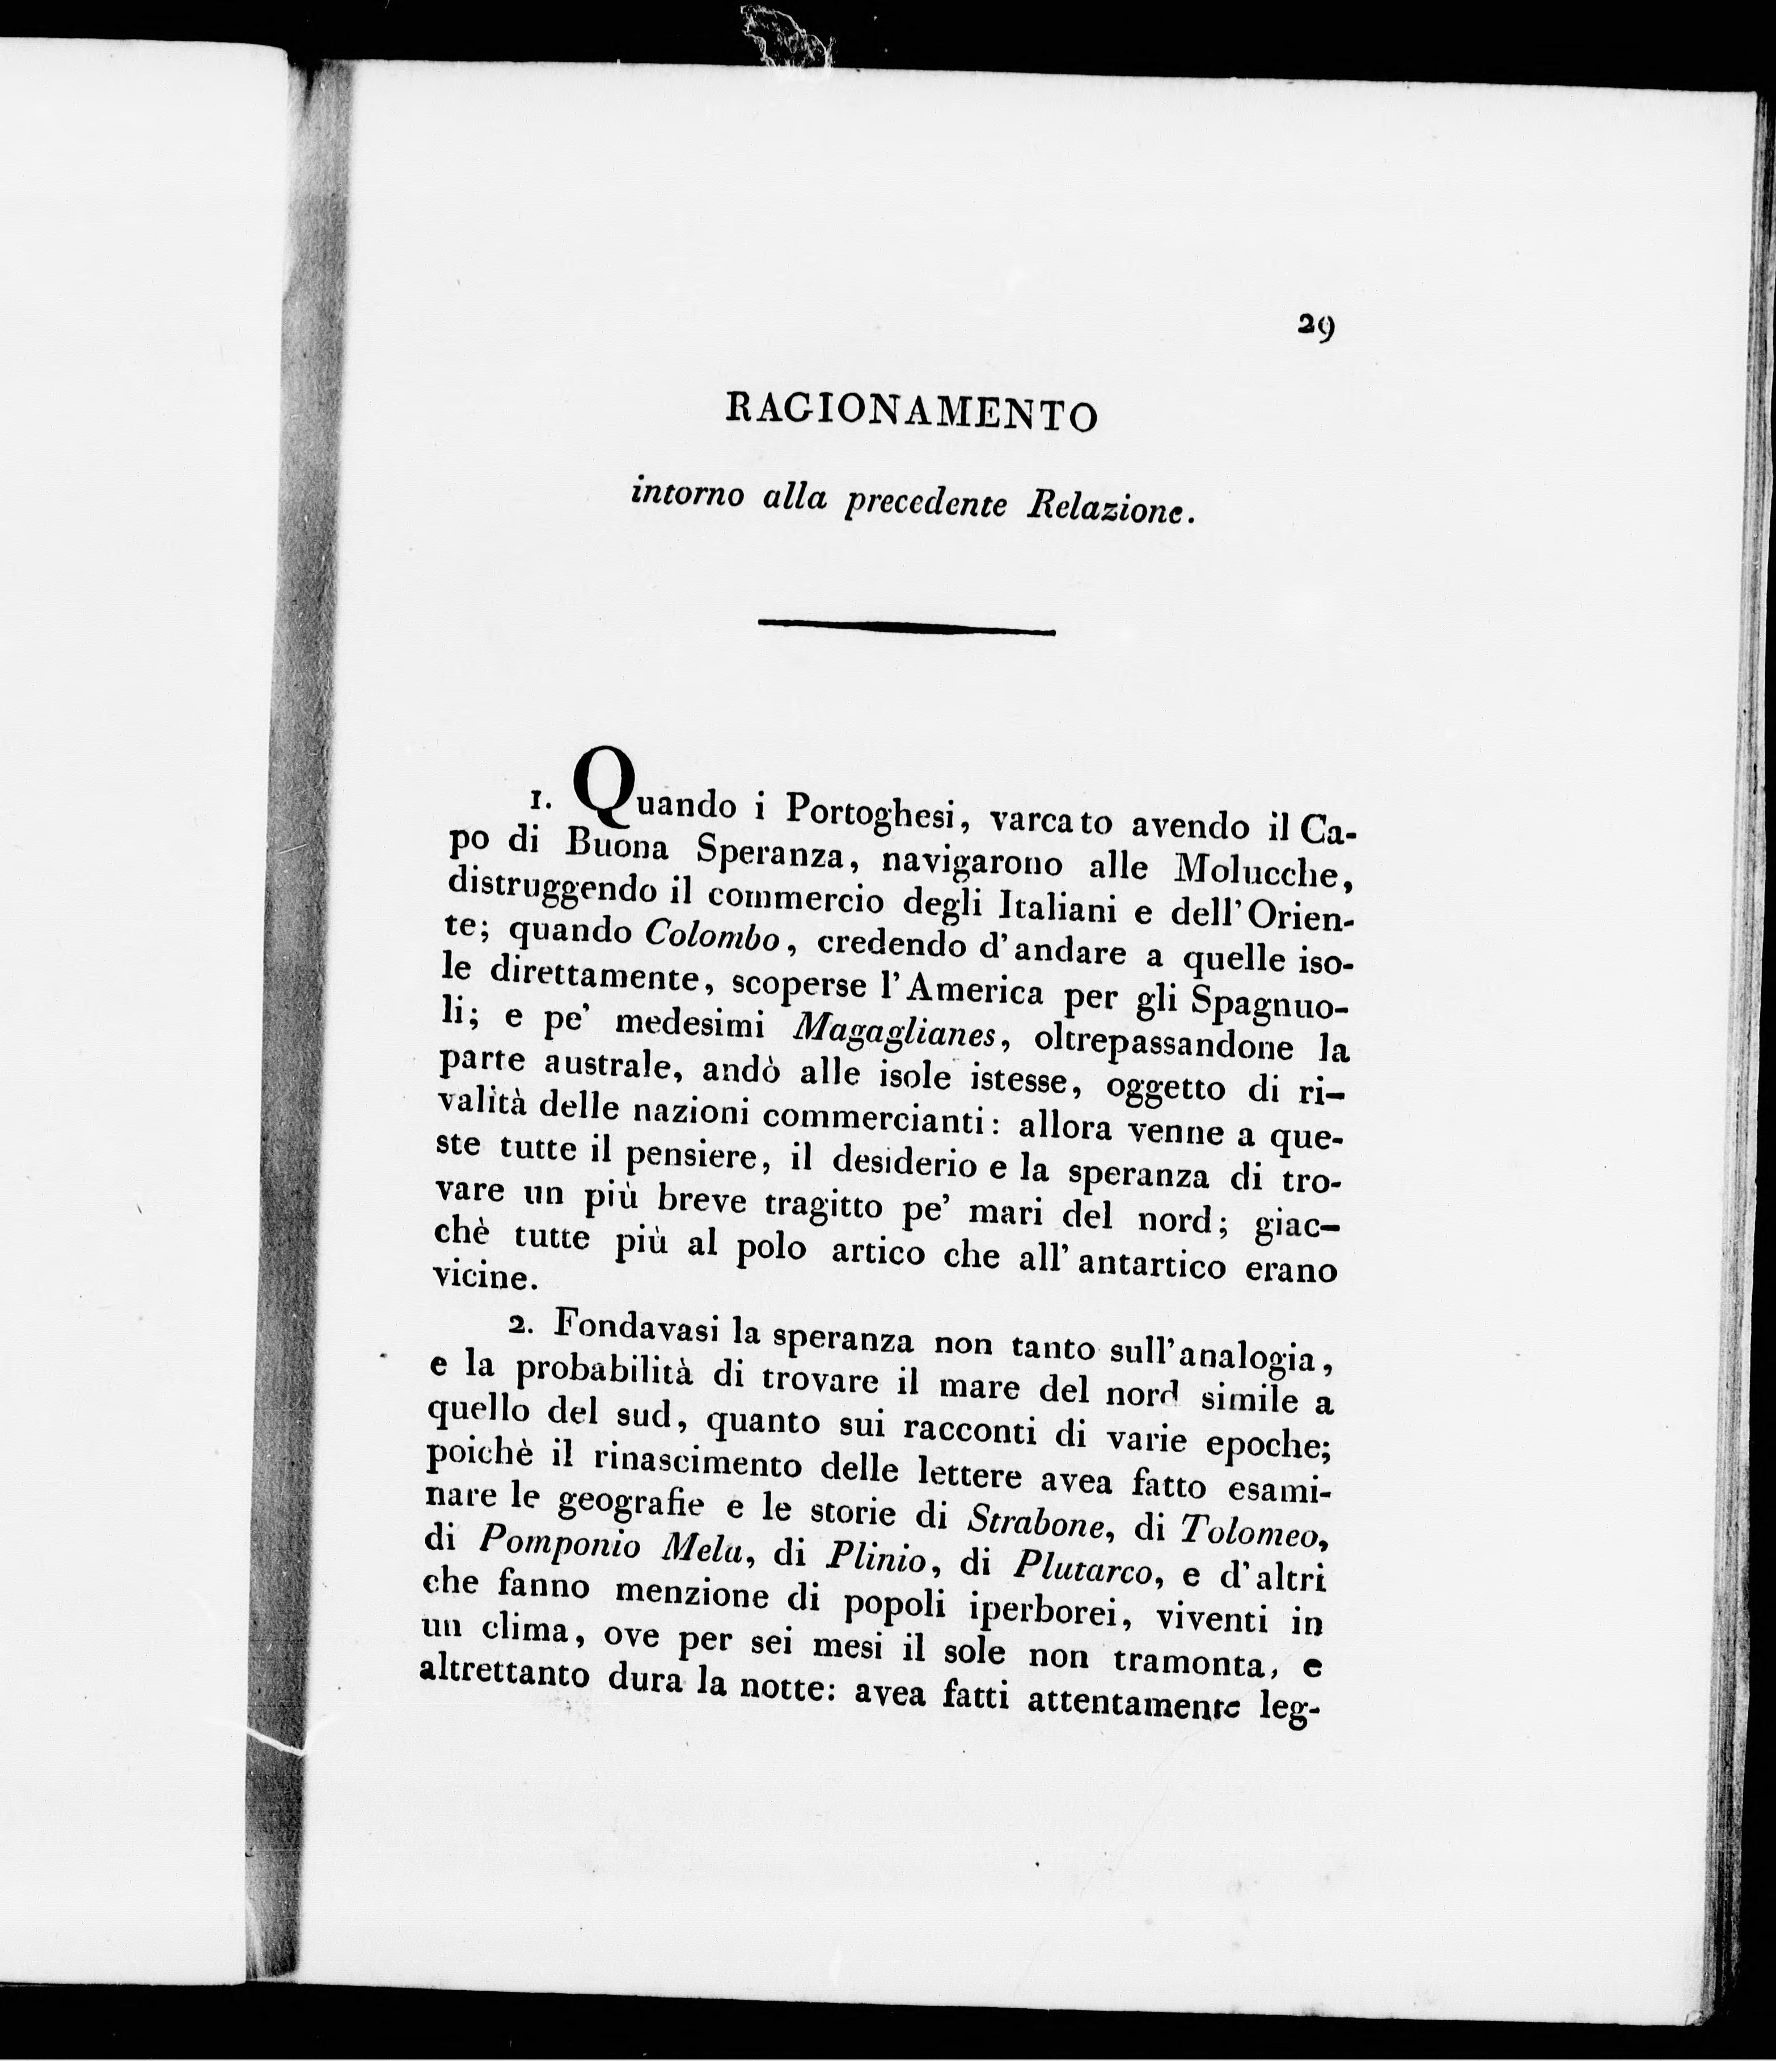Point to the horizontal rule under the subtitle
tap(906, 627)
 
